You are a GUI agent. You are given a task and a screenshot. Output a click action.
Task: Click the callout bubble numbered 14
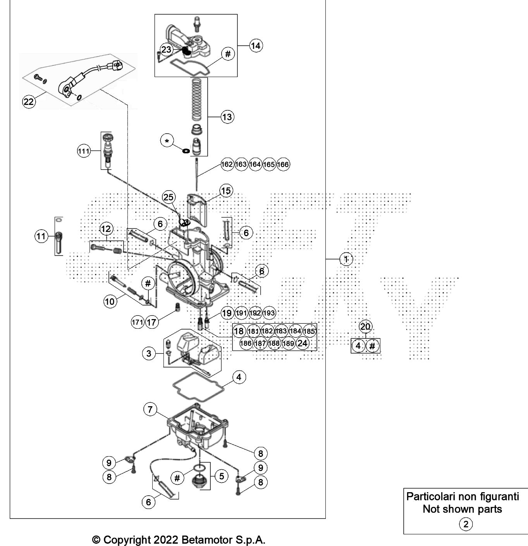click(256, 46)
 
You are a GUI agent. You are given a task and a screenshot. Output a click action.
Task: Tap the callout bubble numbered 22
click(29, 102)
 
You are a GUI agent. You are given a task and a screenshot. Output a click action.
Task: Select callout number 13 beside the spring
click(227, 117)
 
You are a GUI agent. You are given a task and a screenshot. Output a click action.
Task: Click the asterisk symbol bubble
click(167, 141)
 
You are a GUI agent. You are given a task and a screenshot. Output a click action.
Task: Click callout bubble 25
click(169, 197)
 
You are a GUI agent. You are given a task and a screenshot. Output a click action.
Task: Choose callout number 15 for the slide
click(226, 191)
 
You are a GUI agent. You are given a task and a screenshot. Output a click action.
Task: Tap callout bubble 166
click(283, 165)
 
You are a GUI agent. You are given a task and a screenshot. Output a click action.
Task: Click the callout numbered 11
click(41, 236)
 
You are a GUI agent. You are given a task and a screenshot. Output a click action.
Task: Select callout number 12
click(106, 229)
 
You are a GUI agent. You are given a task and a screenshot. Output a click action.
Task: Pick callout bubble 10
click(110, 301)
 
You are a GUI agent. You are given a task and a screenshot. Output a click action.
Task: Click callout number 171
click(138, 322)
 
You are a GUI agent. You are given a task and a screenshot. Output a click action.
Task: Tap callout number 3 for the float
click(149, 353)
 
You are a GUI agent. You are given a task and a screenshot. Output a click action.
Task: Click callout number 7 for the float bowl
click(150, 409)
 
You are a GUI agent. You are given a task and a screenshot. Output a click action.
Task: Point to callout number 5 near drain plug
click(221, 476)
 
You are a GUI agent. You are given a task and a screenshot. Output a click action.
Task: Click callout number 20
click(365, 327)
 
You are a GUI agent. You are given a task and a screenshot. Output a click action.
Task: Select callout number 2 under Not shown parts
click(466, 524)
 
